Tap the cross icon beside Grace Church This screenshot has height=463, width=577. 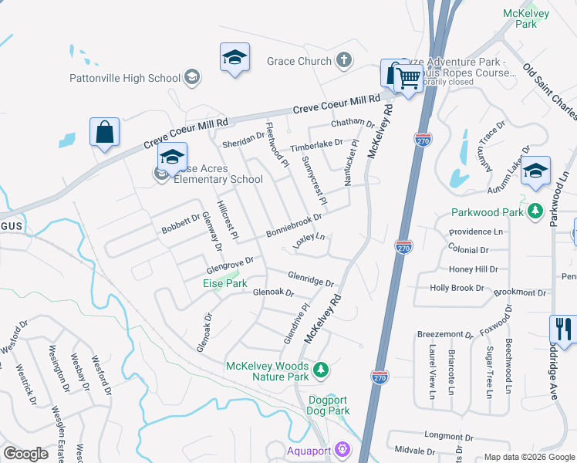click(x=343, y=60)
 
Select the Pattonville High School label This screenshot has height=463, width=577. click(x=125, y=78)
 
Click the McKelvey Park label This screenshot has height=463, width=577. click(x=520, y=19)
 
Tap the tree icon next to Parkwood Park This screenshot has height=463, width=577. click(x=533, y=212)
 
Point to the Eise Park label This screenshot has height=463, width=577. click(x=226, y=283)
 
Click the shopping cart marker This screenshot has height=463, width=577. click(x=407, y=76)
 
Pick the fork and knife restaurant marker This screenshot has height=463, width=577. click(x=564, y=329)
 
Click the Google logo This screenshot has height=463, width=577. click(x=25, y=454)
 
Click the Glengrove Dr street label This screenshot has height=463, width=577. click(x=229, y=265)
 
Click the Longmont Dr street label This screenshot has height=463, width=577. click(x=442, y=436)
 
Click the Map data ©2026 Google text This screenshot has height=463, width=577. click(x=529, y=457)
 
